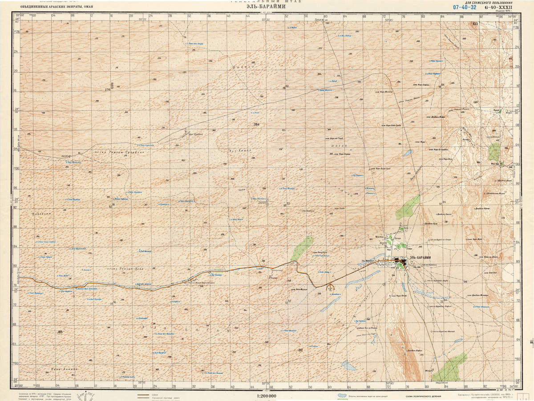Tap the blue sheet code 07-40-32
point(465,7)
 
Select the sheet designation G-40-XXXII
point(499,7)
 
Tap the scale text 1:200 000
point(267,396)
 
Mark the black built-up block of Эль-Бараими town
point(402,264)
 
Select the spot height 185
point(60,332)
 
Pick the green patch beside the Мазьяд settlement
point(494,152)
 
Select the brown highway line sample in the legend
point(143,395)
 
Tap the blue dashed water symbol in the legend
point(342,395)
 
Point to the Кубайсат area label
point(42,214)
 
